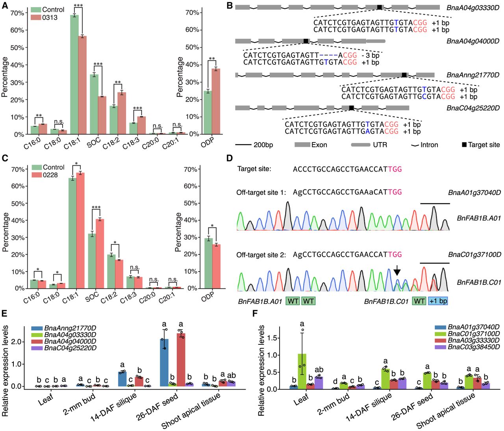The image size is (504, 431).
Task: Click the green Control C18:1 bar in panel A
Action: click(x=74, y=75)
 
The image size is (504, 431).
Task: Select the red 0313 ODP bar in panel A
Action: click(x=216, y=102)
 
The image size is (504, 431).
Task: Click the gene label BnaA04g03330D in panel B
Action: click(x=473, y=8)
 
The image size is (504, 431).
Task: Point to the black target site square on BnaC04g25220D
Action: click(x=351, y=108)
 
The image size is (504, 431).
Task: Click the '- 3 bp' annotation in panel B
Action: click(x=371, y=55)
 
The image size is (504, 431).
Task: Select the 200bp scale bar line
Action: click(x=243, y=145)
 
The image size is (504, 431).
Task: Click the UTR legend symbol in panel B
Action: click(x=361, y=145)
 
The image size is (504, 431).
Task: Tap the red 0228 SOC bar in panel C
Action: click(x=100, y=254)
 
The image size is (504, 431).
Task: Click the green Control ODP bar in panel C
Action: click(x=208, y=263)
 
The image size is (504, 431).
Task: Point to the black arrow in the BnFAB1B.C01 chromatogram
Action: click(x=397, y=270)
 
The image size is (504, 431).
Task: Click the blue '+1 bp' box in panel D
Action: click(x=438, y=301)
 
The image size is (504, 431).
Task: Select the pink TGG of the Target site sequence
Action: click(x=395, y=169)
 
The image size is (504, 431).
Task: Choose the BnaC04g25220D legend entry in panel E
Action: click(x=64, y=348)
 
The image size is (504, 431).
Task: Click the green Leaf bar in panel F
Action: click(x=302, y=372)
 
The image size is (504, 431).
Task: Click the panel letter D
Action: click(x=230, y=158)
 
